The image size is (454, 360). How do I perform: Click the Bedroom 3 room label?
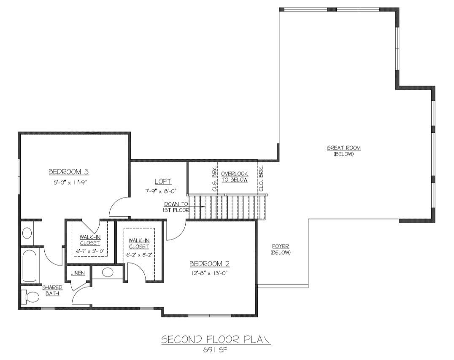click(69, 172)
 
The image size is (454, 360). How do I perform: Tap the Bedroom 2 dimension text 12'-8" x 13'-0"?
click(209, 273)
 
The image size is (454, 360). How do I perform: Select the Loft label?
click(163, 182)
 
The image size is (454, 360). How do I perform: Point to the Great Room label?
click(344, 148)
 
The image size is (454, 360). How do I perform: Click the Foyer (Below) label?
click(281, 249)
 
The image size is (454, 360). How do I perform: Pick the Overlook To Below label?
click(235, 177)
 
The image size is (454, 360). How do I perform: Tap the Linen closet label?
click(78, 273)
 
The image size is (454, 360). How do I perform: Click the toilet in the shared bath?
click(30, 297)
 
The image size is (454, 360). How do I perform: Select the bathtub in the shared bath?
click(29, 266)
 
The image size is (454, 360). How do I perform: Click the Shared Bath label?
click(52, 290)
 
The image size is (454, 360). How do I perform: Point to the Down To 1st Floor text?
click(176, 207)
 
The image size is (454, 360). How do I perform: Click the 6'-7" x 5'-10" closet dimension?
click(90, 252)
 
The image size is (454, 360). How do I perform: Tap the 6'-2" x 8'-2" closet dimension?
click(139, 255)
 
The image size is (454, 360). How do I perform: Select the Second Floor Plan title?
click(216, 339)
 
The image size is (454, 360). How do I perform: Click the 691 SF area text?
click(215, 349)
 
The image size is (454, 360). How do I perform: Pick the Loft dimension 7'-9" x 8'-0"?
click(161, 191)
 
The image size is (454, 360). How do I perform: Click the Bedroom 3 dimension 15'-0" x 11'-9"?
click(70, 182)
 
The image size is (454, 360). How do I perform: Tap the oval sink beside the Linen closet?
click(108, 272)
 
